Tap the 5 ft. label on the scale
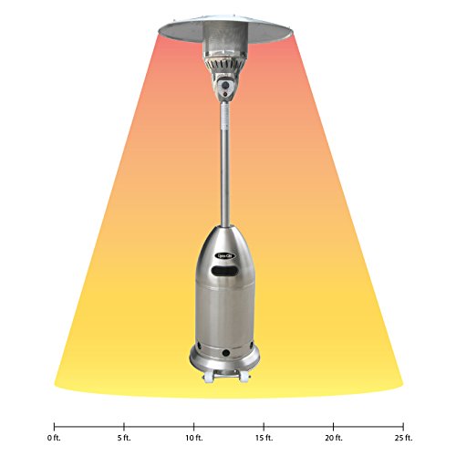point(124,438)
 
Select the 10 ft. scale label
point(193,438)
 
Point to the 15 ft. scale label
point(264,438)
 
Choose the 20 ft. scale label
point(334,438)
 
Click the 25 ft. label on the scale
point(403,438)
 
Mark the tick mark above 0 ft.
point(54,425)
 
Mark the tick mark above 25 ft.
point(403,425)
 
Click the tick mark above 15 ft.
point(264,425)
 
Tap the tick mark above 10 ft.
point(193,425)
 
